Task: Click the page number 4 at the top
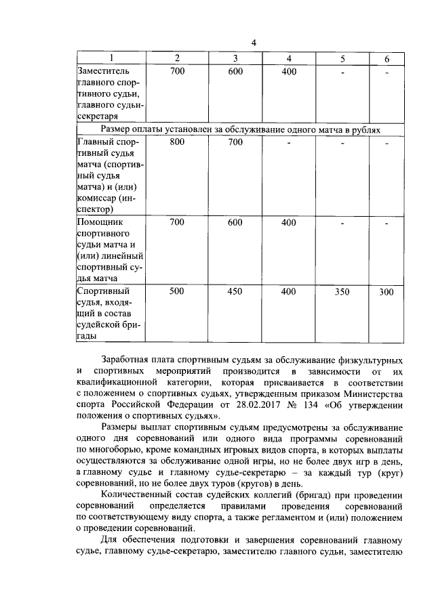(x=254, y=43)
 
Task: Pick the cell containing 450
(x=235, y=292)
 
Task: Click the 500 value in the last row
(x=177, y=292)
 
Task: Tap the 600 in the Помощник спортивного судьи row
(x=235, y=222)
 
